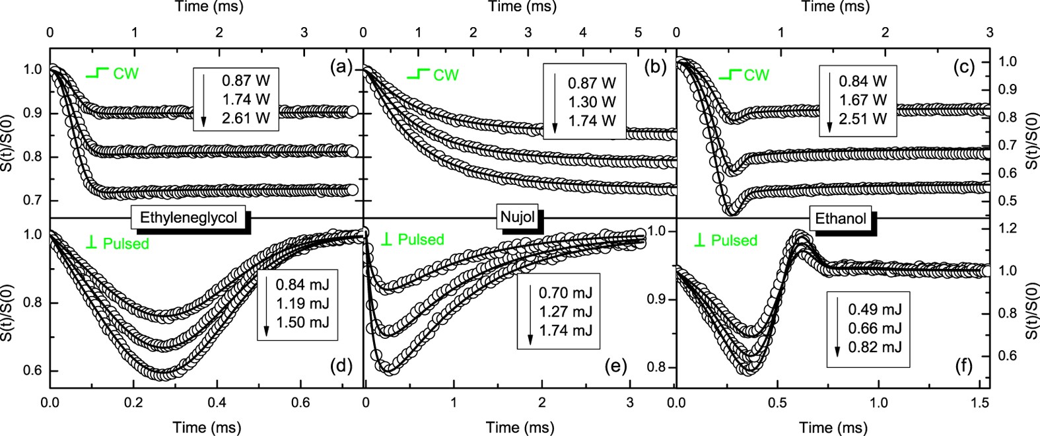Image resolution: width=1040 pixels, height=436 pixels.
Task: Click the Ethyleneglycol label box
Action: point(188,217)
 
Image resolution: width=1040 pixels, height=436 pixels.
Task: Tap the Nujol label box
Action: point(517,217)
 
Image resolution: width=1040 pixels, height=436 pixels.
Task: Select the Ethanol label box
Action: point(841,218)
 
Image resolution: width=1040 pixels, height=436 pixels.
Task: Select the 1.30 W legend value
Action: point(592,102)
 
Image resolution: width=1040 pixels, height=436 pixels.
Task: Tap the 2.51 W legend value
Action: point(862,118)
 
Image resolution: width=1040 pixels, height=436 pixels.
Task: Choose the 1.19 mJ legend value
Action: point(302,305)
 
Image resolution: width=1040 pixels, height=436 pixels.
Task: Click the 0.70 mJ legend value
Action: point(565,293)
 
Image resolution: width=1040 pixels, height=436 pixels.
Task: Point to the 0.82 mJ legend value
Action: point(875,347)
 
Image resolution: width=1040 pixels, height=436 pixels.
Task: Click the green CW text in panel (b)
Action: point(446,75)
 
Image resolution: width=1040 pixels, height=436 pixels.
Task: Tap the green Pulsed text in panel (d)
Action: point(125,244)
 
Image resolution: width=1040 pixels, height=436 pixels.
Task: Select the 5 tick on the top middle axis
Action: point(637,32)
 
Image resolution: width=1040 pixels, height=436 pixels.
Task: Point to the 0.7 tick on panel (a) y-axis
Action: point(32,200)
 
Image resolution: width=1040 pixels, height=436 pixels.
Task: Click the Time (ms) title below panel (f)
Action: point(833,427)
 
